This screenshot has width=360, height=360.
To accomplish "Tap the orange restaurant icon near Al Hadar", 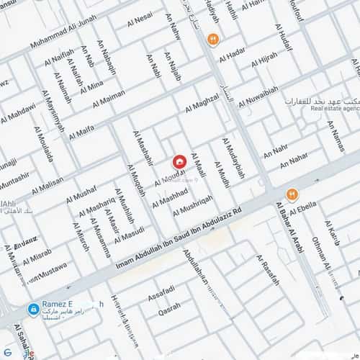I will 212,38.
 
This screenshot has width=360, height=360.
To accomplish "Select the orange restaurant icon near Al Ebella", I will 292,194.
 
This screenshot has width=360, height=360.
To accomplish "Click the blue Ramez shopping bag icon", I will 33,309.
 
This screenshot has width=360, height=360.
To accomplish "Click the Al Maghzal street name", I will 202,102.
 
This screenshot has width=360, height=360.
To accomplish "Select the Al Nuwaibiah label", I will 256,94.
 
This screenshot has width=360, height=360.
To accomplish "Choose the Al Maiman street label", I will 109,94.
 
